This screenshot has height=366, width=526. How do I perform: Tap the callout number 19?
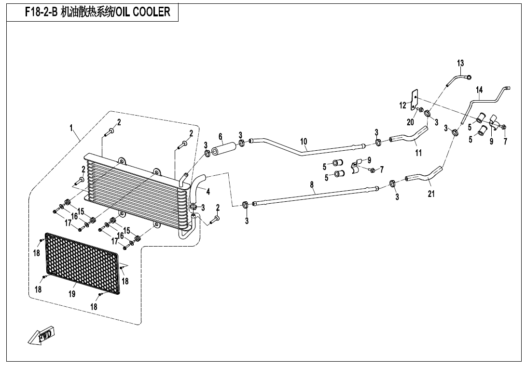[72, 294]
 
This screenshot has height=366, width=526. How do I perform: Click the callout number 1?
[71, 128]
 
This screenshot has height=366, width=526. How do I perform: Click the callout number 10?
[304, 142]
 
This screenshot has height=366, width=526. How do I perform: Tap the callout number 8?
[312, 184]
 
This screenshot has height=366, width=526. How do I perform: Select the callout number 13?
[460, 63]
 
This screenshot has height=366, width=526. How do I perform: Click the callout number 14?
[479, 90]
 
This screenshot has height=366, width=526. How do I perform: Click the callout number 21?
[431, 194]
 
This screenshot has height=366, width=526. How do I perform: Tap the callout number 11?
[418, 153]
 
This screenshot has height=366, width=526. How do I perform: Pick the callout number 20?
[410, 122]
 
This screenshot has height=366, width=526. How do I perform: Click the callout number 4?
[208, 192]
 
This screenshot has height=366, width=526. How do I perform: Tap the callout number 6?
[221, 136]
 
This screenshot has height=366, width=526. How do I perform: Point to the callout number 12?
[403, 105]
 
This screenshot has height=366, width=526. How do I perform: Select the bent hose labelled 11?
[410, 137]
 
